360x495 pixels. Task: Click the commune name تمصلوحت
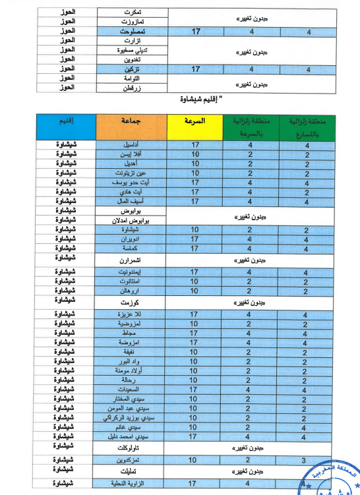tap(131, 31)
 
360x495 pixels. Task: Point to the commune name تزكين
tap(131, 69)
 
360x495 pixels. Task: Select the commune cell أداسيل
tap(131, 144)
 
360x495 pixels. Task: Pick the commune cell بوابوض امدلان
tap(131, 219)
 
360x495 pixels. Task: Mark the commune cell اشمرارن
tap(131, 260)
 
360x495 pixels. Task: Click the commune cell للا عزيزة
tap(131, 315)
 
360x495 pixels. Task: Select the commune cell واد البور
tap(131, 361)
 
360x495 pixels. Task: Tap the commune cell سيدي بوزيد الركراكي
tap(131, 417)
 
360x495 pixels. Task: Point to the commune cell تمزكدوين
tap(131, 459)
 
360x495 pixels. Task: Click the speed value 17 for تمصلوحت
tap(196, 31)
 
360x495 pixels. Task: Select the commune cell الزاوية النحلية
tap(131, 484)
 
